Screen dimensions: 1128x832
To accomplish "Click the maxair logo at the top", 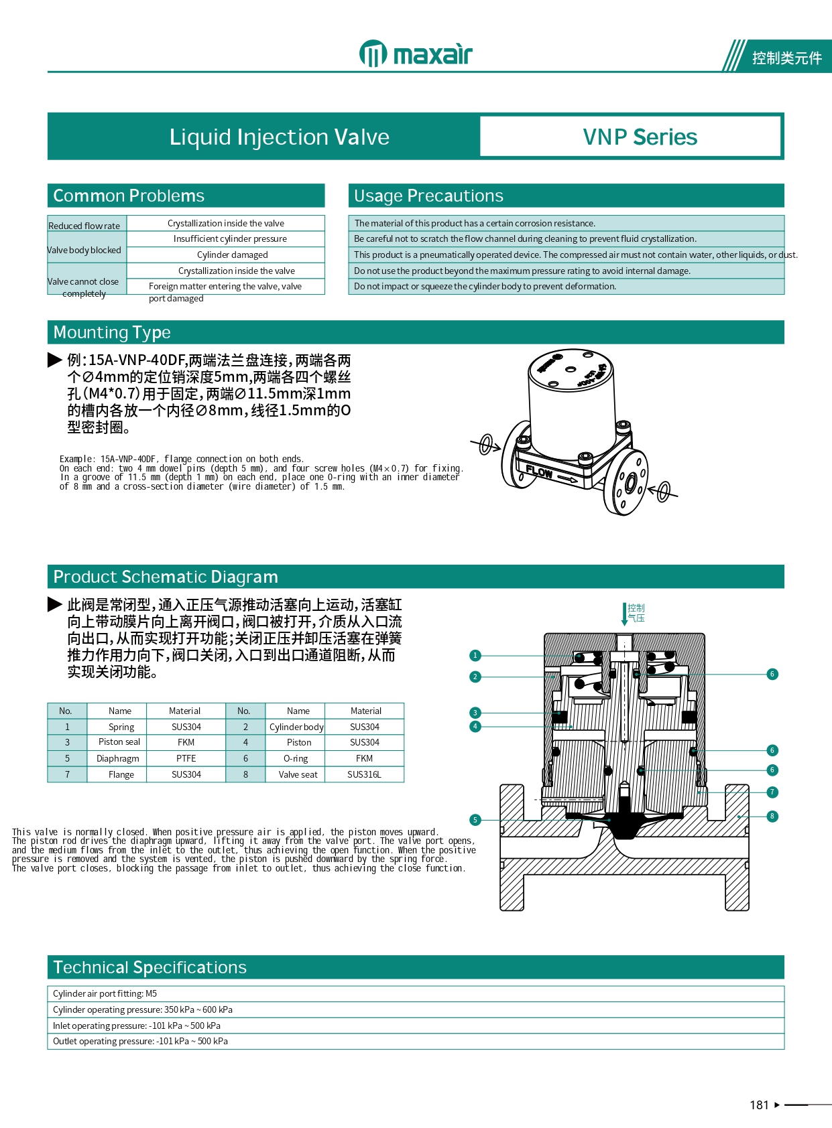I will pyautogui.click(x=416, y=54).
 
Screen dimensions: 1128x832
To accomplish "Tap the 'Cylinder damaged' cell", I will pyautogui.click(x=232, y=255).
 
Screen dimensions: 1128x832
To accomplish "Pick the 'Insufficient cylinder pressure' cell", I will pyautogui.click(x=230, y=238).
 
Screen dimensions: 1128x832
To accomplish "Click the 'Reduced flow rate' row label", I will pyautogui.click(x=84, y=226).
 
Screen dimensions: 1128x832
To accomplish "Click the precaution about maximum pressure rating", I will pyautogui.click(x=522, y=271).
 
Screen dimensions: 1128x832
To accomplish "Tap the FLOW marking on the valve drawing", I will pyautogui.click(x=540, y=472).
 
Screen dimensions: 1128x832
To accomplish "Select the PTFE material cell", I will pyautogui.click(x=186, y=758).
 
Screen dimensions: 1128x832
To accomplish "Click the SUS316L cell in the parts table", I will pyautogui.click(x=364, y=774).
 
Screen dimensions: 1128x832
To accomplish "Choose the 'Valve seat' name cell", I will pyautogui.click(x=298, y=774).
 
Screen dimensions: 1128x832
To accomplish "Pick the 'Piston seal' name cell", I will pyautogui.click(x=119, y=742).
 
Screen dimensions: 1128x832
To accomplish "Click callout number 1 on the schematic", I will pyautogui.click(x=475, y=656).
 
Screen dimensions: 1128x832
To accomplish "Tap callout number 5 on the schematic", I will pyautogui.click(x=475, y=820).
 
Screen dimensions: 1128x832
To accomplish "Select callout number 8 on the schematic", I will pyautogui.click(x=772, y=816).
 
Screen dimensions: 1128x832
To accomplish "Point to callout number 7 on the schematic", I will pyautogui.click(x=772, y=792).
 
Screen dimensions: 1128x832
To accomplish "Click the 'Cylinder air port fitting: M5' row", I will pyautogui.click(x=416, y=993).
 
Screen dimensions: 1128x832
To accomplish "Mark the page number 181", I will pyautogui.click(x=759, y=1105).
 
